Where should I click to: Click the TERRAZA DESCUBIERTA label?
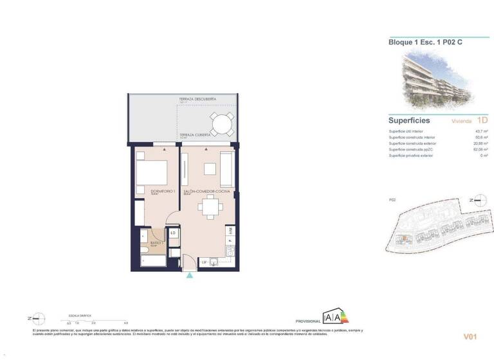[197, 99]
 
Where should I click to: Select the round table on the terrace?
[220, 123]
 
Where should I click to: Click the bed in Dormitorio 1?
[152, 172]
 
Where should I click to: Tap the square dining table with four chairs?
[209, 207]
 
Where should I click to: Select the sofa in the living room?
[226, 168]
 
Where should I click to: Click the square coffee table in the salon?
[210, 169]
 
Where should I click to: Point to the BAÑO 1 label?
[154, 242]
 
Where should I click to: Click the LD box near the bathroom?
[173, 232]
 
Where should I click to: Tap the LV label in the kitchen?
[204, 262]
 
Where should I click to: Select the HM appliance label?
[230, 230]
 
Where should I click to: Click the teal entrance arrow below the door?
[190, 276]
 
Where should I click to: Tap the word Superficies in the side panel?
[408, 120]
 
